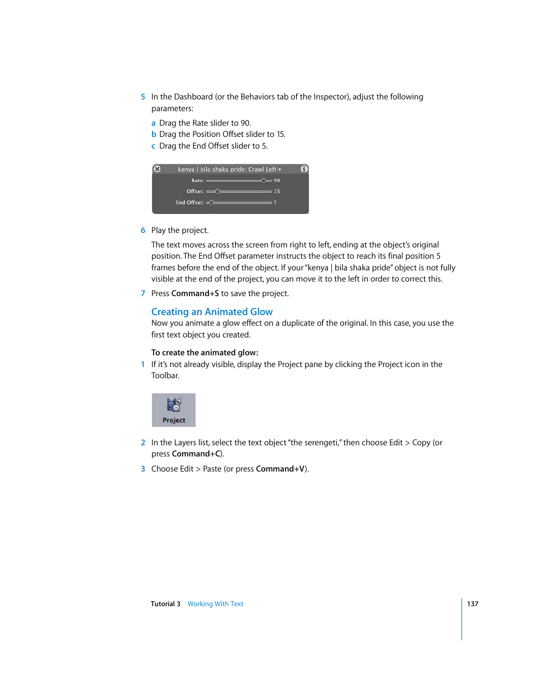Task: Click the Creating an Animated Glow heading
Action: click(x=212, y=312)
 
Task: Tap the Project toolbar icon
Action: click(x=174, y=410)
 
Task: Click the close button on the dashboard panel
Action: click(x=157, y=169)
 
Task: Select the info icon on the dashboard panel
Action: click(x=304, y=169)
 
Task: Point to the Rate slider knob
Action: click(x=264, y=180)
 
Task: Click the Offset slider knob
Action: click(x=217, y=192)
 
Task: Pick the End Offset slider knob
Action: click(x=211, y=203)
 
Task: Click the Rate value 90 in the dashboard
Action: click(x=277, y=180)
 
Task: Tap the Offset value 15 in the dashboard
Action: click(x=277, y=192)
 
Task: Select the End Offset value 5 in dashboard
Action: click(x=275, y=203)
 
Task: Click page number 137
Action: click(x=473, y=604)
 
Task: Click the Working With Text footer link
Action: click(x=215, y=604)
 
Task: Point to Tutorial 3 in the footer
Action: click(x=165, y=604)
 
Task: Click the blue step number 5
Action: click(x=143, y=97)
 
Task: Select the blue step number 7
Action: click(x=143, y=293)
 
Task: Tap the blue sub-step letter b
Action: click(x=154, y=134)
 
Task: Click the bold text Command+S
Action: click(x=195, y=293)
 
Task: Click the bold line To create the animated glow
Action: click(x=204, y=353)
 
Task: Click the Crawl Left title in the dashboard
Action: click(x=263, y=169)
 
